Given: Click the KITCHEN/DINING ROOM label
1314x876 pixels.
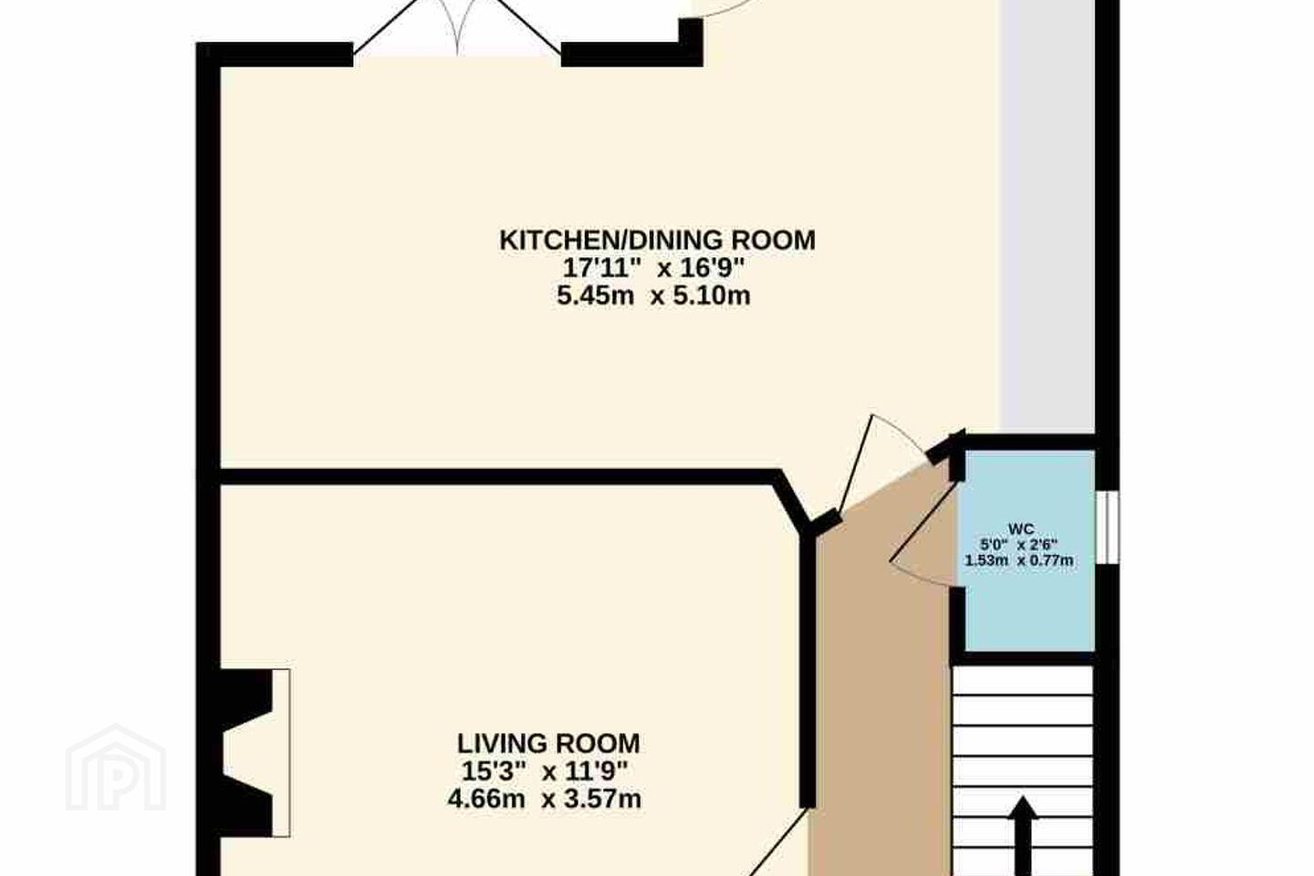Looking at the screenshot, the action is point(657,241).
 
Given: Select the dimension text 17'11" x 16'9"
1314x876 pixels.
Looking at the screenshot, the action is point(653,268).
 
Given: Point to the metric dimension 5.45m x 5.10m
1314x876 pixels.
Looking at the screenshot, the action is point(653,296).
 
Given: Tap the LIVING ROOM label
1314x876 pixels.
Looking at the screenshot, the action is point(548,744).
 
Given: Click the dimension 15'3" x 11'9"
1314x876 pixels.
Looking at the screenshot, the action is point(545,772).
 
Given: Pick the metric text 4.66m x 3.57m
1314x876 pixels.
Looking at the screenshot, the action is point(545,799).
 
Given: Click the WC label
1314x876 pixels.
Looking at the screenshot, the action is point(1021,528).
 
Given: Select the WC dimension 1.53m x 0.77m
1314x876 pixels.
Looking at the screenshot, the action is point(1019,560).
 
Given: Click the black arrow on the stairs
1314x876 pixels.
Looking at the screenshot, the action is point(1023,836).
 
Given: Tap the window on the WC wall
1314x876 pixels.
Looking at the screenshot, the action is point(1108,527).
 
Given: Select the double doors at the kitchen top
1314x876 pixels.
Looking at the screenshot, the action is point(457,29).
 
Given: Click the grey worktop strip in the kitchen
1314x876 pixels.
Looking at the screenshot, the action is point(1048,216).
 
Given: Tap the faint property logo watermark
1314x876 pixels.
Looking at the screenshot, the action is point(116,768).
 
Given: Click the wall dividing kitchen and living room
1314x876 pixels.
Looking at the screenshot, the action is point(498,476).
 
